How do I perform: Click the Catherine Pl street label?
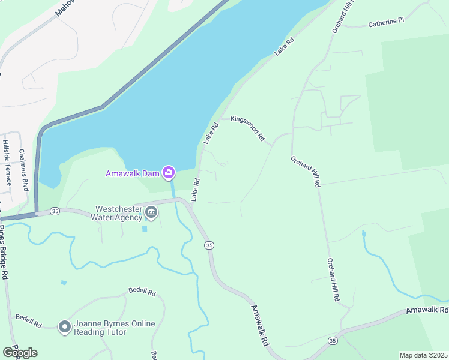387,22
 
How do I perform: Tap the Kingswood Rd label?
247,128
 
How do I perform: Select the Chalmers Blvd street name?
25,170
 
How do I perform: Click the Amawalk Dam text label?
133,174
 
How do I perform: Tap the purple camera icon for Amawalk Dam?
169,173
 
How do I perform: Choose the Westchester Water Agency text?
117,213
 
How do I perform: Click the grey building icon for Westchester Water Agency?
151,212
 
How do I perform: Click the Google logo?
20,353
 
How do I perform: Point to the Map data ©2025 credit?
423,355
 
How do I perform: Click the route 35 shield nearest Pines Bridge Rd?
55,211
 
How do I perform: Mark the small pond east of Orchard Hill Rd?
364,233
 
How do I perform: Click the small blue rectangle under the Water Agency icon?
144,229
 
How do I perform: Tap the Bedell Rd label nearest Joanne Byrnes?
28,321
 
